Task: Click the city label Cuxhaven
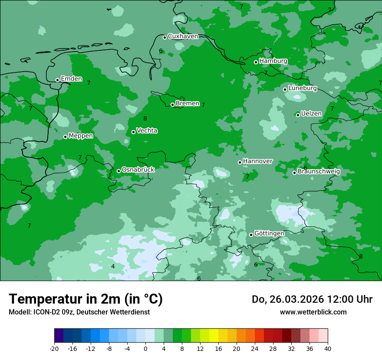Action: pos(183,36)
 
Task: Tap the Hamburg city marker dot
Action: pos(256,62)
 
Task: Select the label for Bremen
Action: pos(188,104)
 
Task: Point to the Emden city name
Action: pos(71,79)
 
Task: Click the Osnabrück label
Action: pos(138,170)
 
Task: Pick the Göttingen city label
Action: pos(269,233)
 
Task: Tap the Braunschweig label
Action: pos(319,172)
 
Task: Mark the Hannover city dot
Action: pos(240,162)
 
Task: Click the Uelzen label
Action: pos(311,114)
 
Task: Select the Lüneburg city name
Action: pos(303,88)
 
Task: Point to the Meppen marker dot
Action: pos(65,137)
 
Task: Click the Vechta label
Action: pos(147,131)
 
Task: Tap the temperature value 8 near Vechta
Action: pos(145,118)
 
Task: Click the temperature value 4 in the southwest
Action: pos(113,266)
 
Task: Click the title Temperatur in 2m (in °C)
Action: pos(86,299)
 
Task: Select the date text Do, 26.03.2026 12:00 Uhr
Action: pos(312,299)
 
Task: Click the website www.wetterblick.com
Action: pos(313,312)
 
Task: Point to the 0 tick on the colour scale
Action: pos(145,349)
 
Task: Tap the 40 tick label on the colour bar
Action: pos(328,349)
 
